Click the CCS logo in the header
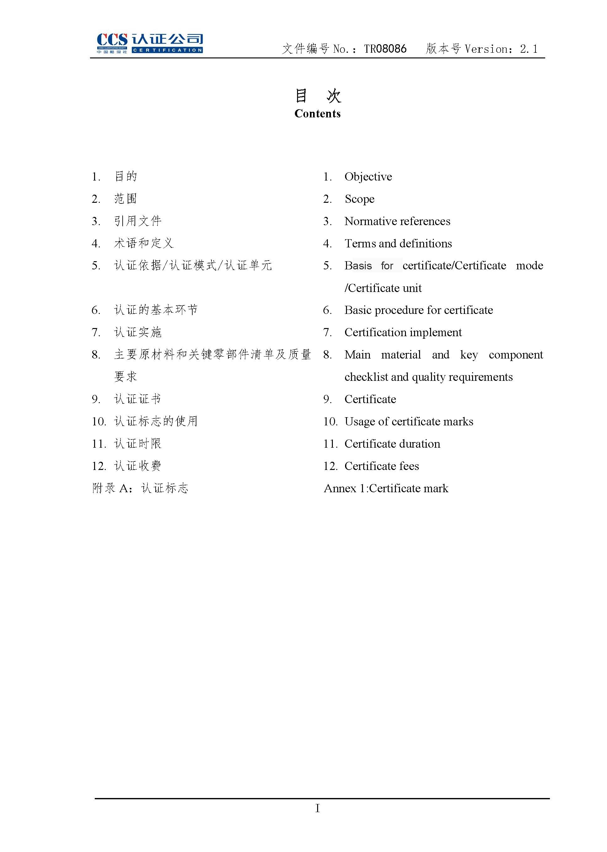[150, 43]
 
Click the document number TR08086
[385, 49]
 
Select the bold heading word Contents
[317, 114]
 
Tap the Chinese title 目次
[318, 96]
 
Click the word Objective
[368, 176]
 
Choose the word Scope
[359, 199]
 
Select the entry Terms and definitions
[398, 244]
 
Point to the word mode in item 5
[529, 266]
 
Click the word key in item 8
[469, 354]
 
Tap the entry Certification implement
[403, 332]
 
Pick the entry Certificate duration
[392, 444]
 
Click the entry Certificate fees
[382, 466]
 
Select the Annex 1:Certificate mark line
[386, 488]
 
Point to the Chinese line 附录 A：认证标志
[140, 488]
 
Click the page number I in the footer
[317, 809]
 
